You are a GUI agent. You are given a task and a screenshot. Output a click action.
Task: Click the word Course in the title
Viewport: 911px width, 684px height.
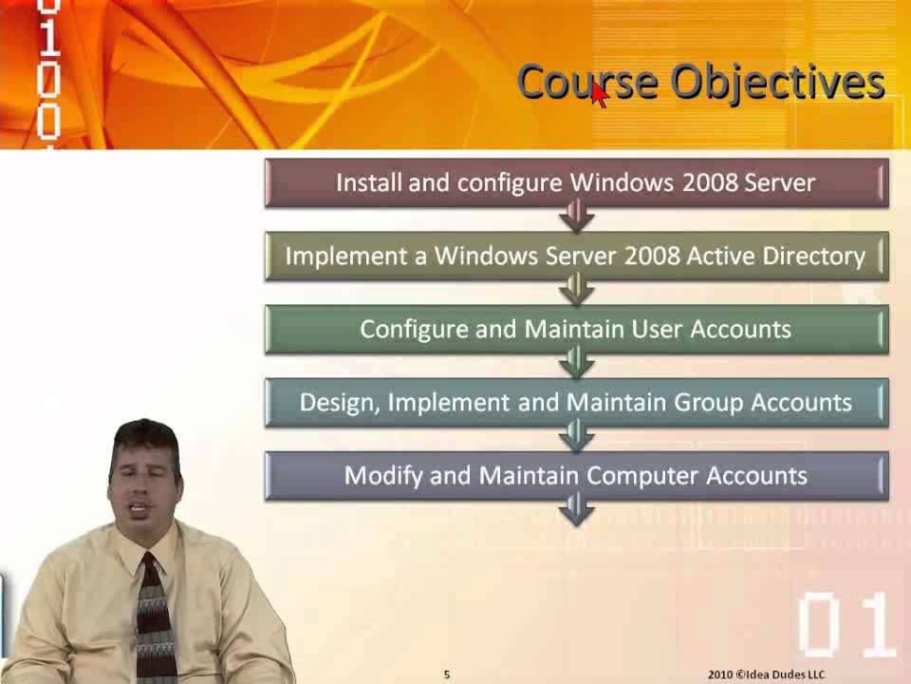pyautogui.click(x=586, y=83)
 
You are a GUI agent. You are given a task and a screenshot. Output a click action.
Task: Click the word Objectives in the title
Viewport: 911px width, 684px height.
pyautogui.click(x=778, y=83)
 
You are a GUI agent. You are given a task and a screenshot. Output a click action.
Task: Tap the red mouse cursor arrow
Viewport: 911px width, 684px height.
pyautogui.click(x=599, y=94)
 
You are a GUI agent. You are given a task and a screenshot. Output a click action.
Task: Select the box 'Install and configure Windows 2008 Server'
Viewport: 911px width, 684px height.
pyautogui.click(x=576, y=182)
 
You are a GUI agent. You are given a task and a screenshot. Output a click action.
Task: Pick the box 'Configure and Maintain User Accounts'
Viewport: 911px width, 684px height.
pyautogui.click(x=576, y=330)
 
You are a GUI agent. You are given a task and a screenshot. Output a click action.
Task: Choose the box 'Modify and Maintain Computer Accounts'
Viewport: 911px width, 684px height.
pyautogui.click(x=576, y=476)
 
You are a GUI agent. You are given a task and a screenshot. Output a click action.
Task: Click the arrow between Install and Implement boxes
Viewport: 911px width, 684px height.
pyautogui.click(x=576, y=219)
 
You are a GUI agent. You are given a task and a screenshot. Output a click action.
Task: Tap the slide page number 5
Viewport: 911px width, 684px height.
pyautogui.click(x=447, y=674)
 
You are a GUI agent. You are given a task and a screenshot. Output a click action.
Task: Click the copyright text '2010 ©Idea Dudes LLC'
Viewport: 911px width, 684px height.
pyautogui.click(x=766, y=674)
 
